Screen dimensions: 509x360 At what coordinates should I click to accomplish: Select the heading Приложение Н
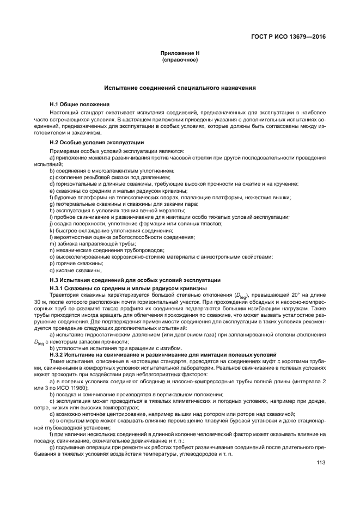(x=180, y=53)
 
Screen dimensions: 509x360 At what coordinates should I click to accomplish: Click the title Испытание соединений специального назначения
(x=180, y=88)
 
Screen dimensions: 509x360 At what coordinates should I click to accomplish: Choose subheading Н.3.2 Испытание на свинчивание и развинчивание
(x=163, y=354)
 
